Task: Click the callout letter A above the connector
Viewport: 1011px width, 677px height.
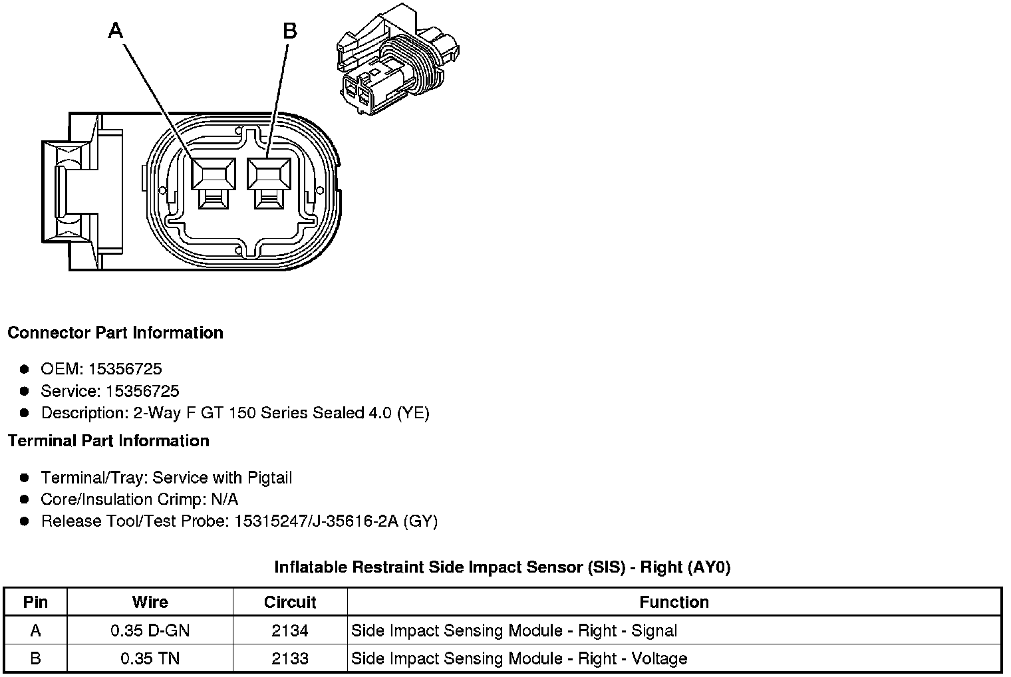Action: click(116, 31)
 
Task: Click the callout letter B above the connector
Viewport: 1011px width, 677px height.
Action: click(289, 31)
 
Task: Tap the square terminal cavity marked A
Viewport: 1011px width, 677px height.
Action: click(213, 175)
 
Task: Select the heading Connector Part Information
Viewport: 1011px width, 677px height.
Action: click(115, 333)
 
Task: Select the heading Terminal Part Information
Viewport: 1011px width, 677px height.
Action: click(108, 441)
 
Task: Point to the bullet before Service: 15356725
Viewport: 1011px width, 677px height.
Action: click(25, 391)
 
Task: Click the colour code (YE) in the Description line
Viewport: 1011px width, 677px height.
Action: click(413, 413)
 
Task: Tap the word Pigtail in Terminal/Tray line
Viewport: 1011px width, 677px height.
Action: click(269, 477)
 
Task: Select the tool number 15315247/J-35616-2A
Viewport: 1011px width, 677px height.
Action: click(316, 521)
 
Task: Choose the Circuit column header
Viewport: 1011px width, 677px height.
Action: click(290, 603)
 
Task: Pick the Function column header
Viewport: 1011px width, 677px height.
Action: click(674, 603)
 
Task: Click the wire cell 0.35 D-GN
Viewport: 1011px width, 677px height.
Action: click(150, 630)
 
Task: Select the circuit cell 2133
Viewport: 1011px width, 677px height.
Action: click(290, 658)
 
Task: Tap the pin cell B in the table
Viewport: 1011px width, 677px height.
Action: click(35, 658)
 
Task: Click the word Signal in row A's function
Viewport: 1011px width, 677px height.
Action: click(654, 630)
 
